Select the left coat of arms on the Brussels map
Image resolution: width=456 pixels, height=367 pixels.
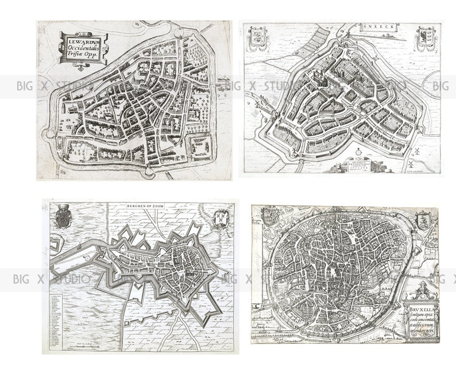tap(270, 217)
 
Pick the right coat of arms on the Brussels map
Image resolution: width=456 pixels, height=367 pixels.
tap(423, 220)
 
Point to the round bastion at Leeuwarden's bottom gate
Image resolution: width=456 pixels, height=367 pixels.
tap(148, 171)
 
